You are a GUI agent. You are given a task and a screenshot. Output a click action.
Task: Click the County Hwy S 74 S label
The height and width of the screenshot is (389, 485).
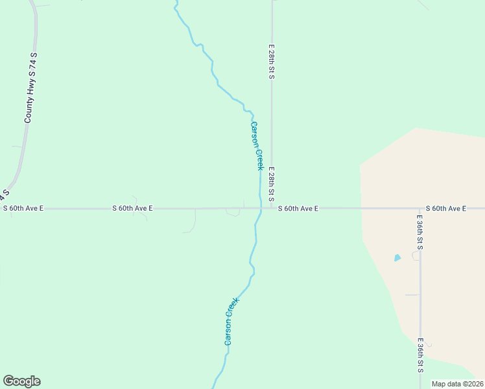click(30, 89)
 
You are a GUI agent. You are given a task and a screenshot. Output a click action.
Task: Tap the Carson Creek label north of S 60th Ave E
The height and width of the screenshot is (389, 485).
click(257, 146)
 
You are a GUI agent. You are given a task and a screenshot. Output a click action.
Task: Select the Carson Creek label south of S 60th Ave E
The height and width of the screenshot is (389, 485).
click(231, 321)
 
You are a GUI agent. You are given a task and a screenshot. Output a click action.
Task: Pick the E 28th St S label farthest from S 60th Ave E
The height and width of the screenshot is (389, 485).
click(272, 62)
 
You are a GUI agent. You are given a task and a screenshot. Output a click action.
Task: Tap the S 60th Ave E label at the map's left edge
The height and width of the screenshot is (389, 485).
click(23, 208)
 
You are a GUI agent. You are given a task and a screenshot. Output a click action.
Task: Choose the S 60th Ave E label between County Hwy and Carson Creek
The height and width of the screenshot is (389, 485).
click(132, 208)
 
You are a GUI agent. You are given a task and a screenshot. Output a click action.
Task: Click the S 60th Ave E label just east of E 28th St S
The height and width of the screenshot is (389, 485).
click(298, 208)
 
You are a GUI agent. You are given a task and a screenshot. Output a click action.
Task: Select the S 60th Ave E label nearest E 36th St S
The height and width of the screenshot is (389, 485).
click(446, 208)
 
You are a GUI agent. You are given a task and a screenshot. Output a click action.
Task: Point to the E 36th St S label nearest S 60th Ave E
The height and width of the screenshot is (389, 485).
click(420, 230)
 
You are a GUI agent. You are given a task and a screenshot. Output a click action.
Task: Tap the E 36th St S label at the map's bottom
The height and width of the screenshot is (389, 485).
click(420, 355)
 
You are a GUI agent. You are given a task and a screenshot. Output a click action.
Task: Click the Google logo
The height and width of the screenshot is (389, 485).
click(21, 381)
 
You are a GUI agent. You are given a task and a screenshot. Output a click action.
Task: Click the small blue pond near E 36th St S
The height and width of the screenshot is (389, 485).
click(397, 258)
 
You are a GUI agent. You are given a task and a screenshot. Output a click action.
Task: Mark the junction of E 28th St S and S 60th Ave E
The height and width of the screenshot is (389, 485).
click(272, 208)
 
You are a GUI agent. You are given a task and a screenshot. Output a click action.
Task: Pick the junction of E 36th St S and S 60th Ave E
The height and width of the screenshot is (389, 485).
click(420, 209)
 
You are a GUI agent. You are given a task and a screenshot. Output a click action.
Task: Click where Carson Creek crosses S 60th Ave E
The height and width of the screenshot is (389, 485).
click(261, 208)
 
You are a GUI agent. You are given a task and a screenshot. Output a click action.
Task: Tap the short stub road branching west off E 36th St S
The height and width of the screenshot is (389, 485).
click(412, 295)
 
